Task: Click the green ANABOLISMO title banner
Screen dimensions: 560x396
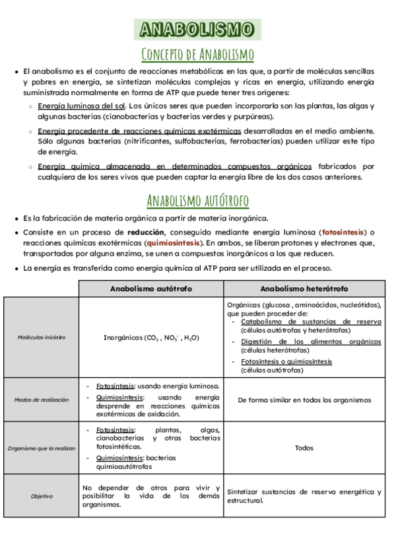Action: [198, 29]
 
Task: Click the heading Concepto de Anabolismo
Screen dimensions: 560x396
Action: [198, 53]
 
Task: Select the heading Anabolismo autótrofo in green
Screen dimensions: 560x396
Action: [198, 200]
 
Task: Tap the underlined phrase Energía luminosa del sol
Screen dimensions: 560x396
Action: [82, 106]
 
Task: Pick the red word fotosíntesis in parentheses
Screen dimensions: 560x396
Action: [343, 232]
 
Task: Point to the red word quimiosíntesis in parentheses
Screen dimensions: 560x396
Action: [174, 242]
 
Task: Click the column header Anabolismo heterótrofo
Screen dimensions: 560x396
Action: [304, 289]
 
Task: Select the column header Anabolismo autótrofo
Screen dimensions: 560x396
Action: [150, 289]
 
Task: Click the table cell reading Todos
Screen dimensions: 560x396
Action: [304, 448]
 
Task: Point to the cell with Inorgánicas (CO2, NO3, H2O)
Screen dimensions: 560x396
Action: [151, 337]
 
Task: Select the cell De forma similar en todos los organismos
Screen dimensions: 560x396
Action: [304, 400]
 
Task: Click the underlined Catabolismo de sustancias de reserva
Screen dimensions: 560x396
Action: [311, 322]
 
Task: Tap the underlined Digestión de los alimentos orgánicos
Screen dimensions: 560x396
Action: [311, 341]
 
